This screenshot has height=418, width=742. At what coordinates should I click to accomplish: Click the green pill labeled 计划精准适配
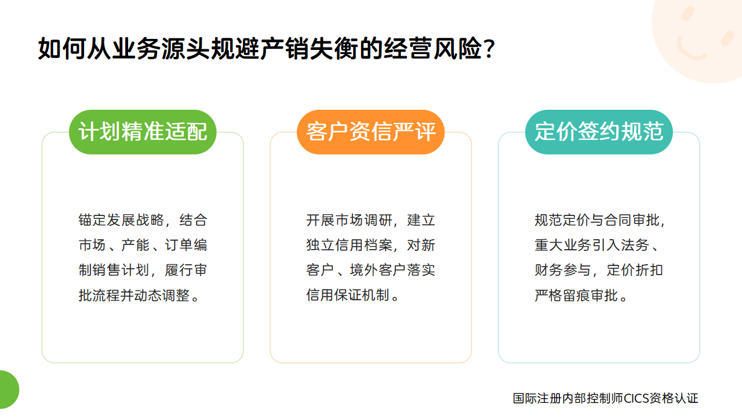tap(143, 132)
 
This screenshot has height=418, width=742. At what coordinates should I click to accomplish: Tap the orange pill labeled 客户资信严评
tap(370, 132)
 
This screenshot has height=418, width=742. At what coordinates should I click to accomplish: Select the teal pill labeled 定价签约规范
tap(599, 132)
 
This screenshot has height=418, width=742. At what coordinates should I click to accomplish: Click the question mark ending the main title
tap(489, 48)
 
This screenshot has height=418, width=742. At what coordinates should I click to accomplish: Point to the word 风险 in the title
tap(458, 48)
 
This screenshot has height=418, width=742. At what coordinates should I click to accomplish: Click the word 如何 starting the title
tap(63, 48)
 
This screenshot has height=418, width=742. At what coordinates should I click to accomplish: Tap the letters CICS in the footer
tap(636, 398)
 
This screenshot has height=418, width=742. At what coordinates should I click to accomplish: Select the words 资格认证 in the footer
tap(674, 398)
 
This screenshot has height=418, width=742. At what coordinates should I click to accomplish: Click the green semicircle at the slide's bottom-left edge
tap(9, 390)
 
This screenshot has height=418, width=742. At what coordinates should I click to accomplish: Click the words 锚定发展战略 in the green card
tap(121, 220)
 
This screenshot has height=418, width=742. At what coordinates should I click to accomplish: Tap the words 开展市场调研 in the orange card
tap(350, 220)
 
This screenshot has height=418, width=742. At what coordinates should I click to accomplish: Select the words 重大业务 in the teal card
tap(563, 245)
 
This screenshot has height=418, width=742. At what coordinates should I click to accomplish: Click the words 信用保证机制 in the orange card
tap(347, 295)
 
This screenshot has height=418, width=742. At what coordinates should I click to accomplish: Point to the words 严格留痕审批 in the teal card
tap(576, 295)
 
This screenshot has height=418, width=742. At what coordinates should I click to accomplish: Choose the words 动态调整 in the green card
tap(162, 295)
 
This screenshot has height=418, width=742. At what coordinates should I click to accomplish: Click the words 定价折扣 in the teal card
tap(635, 270)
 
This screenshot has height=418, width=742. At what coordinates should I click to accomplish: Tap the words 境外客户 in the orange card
tap(378, 270)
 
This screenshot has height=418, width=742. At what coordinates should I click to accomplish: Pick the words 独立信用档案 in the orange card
tap(350, 245)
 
